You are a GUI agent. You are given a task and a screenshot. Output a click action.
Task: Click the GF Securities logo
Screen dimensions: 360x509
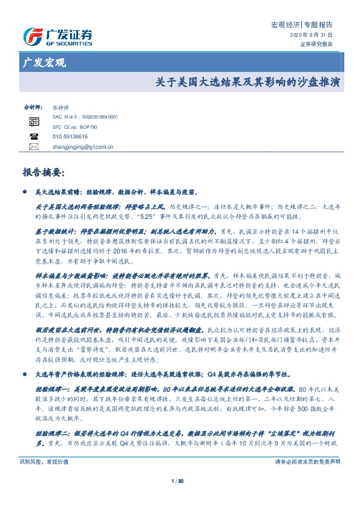[x=57, y=36]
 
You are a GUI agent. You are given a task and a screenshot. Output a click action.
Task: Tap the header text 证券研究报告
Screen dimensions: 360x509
[x=316, y=44]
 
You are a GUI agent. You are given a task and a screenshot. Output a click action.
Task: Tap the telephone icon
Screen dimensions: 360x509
[x=33, y=137]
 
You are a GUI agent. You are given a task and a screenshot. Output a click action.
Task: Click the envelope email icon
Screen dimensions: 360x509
[x=33, y=147]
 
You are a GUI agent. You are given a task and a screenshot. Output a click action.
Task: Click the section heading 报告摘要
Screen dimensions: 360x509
[x=42, y=172]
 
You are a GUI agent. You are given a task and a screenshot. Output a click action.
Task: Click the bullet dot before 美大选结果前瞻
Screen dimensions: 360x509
[x=24, y=192]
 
